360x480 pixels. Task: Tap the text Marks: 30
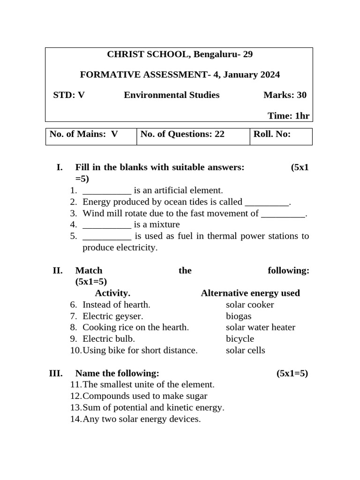click(x=285, y=95)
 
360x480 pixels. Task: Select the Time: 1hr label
click(x=288, y=116)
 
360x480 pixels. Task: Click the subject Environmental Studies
click(x=172, y=95)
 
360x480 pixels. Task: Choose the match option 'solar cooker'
click(x=250, y=305)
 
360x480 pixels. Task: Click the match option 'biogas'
click(x=239, y=316)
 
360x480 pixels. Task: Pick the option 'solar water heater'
click(x=261, y=328)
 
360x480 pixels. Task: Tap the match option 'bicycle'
click(x=240, y=339)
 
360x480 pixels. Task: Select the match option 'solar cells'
click(x=246, y=351)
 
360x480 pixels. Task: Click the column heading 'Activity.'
click(x=112, y=293)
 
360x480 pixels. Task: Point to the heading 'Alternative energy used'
click(x=250, y=293)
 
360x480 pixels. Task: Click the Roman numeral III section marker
click(x=56, y=374)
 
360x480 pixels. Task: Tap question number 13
click(x=75, y=408)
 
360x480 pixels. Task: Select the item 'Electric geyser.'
click(x=112, y=316)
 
